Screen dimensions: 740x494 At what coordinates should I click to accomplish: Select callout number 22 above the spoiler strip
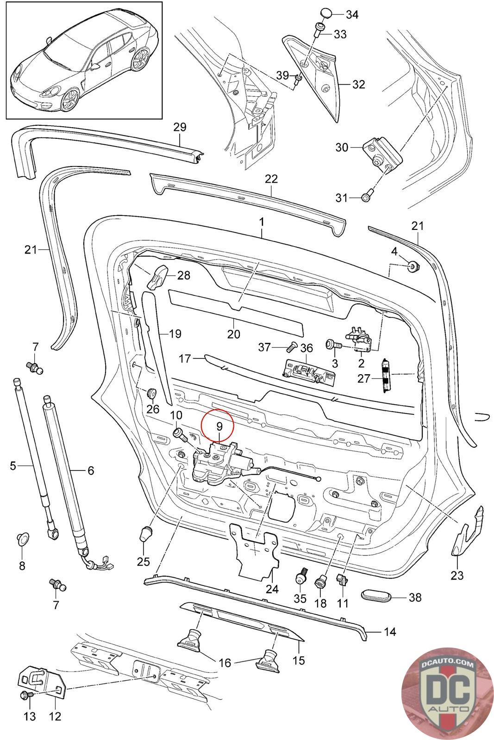click(x=271, y=179)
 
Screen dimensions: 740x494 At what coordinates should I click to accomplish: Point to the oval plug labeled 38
click(x=375, y=596)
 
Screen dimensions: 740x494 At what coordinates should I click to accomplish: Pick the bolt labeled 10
click(x=179, y=434)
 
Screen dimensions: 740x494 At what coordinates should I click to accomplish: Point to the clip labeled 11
click(x=343, y=579)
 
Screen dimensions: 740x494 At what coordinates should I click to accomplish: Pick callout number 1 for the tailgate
click(x=262, y=222)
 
